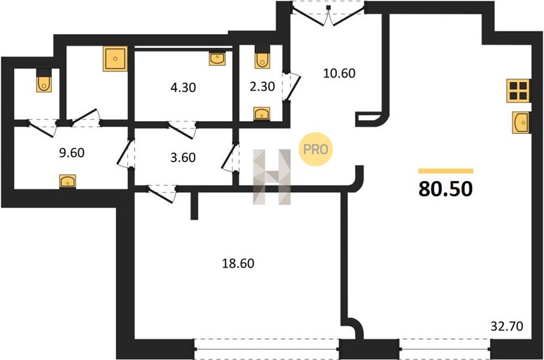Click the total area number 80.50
(x=446, y=189)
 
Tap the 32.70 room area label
(x=507, y=326)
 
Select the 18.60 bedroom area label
(x=238, y=263)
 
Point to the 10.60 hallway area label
(x=339, y=73)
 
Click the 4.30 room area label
(x=183, y=88)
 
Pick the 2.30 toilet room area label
(x=262, y=86)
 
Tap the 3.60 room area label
(x=183, y=157)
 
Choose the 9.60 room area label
(x=72, y=152)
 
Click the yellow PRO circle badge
(x=316, y=149)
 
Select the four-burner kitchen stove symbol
(x=518, y=91)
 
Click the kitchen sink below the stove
(x=521, y=122)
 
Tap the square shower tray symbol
(x=115, y=59)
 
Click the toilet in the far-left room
(x=44, y=81)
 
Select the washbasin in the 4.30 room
(x=217, y=59)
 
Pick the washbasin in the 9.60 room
(x=68, y=181)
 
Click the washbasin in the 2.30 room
(x=262, y=113)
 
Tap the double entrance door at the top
(x=328, y=14)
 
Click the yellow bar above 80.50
(x=446, y=171)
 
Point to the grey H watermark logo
(x=271, y=177)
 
